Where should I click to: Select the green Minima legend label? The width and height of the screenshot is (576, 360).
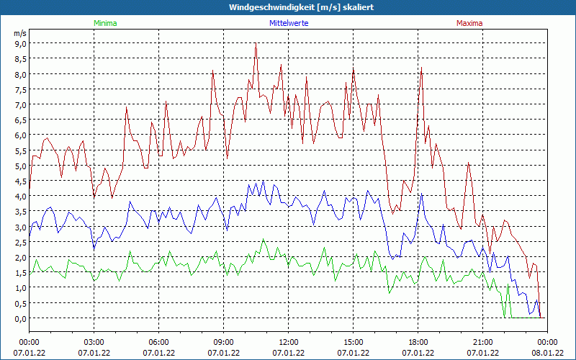[x=105, y=23]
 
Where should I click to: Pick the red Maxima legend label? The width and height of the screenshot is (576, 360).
[x=469, y=23]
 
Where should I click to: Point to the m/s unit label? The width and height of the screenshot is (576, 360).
[x=20, y=33]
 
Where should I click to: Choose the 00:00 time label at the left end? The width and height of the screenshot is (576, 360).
[x=29, y=342]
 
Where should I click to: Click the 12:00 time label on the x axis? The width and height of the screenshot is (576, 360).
[x=288, y=342]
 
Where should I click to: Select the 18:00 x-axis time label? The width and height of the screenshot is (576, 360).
[x=418, y=342]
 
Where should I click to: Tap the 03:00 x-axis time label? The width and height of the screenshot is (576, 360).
[x=94, y=342]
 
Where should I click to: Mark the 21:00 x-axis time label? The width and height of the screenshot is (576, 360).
[x=482, y=342]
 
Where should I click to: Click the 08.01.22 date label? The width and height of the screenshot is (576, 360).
[x=547, y=352]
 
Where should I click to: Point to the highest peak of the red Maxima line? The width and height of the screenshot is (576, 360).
[x=256, y=44]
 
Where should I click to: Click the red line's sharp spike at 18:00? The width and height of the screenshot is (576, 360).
[x=421, y=68]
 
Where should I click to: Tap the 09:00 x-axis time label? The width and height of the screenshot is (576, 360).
[x=223, y=342]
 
